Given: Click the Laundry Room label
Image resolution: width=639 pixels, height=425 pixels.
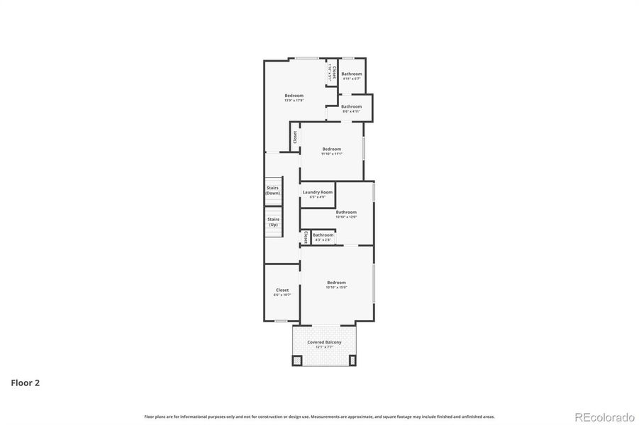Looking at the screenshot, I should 317,192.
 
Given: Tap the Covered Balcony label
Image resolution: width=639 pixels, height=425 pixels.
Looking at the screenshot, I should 324,342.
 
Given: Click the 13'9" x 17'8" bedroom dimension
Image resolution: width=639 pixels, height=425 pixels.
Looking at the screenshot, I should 294,101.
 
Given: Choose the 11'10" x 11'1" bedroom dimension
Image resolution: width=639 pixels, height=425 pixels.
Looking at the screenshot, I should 331,154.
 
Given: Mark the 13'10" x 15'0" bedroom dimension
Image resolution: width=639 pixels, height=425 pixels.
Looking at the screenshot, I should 336,287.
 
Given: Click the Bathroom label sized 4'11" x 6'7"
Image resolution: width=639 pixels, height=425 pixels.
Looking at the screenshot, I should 352,74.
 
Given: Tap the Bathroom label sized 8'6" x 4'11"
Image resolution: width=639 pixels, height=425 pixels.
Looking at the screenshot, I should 351,106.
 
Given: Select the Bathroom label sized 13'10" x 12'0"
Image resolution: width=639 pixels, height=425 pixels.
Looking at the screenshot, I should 346,212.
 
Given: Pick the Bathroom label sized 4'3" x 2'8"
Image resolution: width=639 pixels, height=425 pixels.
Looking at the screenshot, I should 323,234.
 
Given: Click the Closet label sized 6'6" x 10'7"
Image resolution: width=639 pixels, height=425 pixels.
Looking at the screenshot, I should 282,290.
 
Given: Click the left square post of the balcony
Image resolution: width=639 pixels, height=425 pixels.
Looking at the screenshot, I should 297,360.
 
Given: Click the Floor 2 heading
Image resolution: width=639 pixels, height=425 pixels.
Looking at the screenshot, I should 25,383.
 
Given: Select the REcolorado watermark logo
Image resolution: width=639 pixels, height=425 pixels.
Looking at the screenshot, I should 604,417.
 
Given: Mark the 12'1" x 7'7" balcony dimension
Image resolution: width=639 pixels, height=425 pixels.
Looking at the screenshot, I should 324,347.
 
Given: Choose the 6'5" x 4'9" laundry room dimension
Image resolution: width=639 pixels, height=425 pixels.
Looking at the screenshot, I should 317,197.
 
